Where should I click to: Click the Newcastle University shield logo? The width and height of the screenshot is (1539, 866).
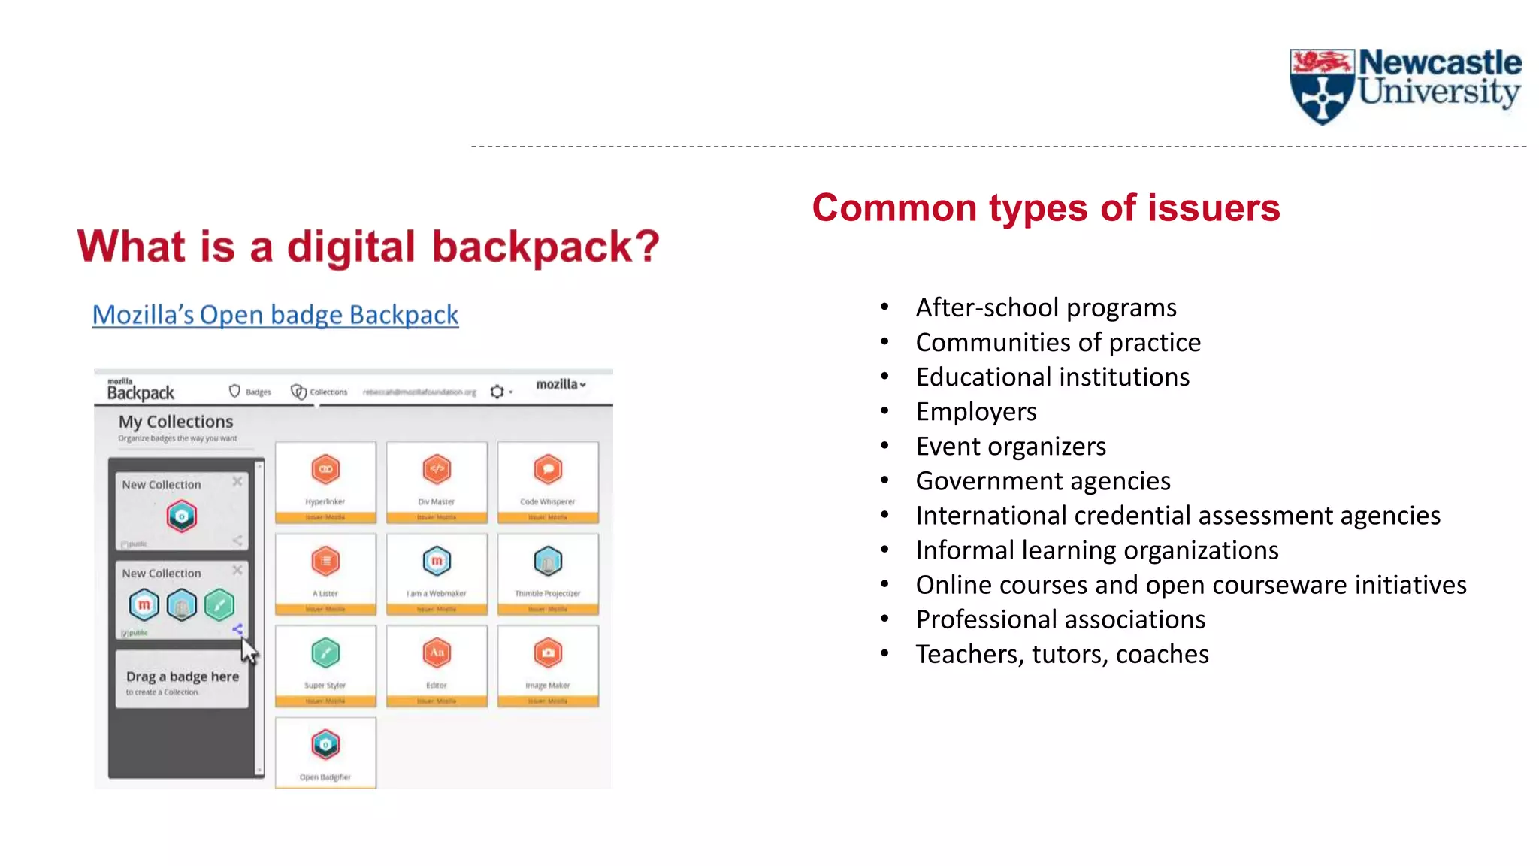[x=1321, y=86]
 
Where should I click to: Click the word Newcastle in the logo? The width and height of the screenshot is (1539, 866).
[x=1439, y=63]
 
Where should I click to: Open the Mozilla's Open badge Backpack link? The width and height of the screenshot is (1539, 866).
[x=275, y=315]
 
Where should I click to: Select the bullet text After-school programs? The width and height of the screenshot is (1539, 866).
[x=1045, y=308]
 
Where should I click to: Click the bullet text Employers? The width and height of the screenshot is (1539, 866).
[x=975, y=412]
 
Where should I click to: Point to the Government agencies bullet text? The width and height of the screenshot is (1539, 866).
[x=1042, y=481]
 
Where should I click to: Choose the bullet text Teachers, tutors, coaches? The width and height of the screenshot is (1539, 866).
[x=1061, y=655]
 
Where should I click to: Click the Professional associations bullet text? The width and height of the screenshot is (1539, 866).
[x=1060, y=620]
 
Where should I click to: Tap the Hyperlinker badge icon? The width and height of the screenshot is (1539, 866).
[x=325, y=470]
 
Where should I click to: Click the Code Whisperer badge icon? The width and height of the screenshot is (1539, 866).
[x=548, y=470]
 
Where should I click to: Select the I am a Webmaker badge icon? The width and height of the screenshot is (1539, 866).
[x=437, y=562]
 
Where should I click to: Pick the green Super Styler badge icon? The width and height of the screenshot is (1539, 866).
[x=325, y=653]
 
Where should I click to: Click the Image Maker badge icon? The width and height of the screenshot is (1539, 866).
[x=548, y=653]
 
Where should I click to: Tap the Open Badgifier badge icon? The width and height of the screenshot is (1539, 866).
[x=325, y=745]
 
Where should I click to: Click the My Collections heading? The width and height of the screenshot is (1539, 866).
[x=176, y=422]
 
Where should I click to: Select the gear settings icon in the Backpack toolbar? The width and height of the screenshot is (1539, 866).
[x=497, y=392]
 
